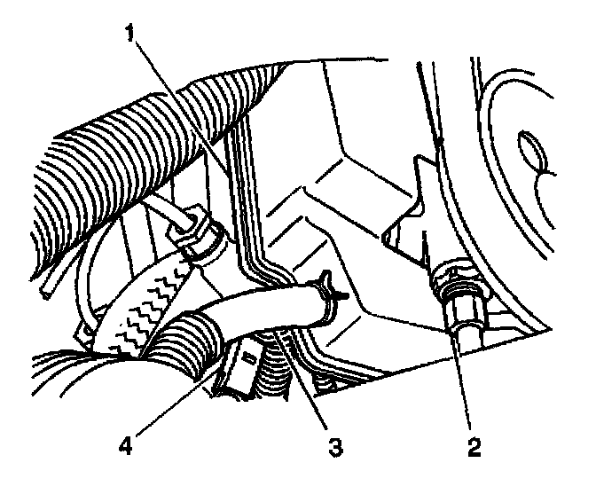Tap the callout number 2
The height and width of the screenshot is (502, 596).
(473, 447)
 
